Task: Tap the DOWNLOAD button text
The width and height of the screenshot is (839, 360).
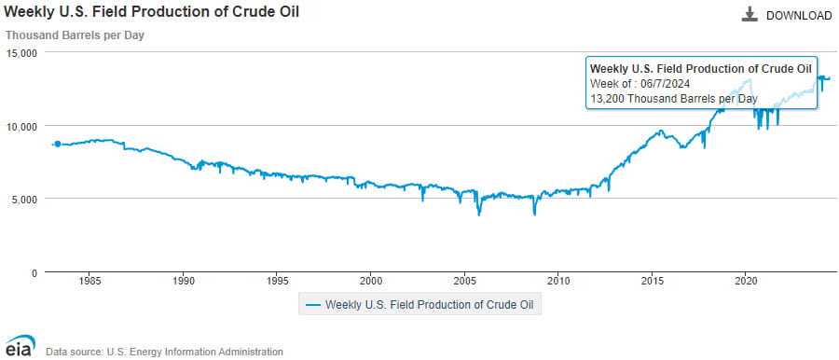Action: coord(799,16)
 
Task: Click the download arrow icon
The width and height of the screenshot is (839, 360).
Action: coord(750,15)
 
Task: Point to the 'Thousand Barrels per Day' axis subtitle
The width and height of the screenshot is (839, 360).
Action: coord(76,35)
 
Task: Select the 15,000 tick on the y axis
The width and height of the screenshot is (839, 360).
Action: coord(21,53)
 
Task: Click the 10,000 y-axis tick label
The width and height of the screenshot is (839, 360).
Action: coord(21,126)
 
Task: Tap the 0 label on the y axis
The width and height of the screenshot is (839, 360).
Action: coord(33,273)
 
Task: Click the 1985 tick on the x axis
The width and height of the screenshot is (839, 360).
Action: coord(90,280)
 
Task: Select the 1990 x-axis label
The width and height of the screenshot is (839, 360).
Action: coord(184,280)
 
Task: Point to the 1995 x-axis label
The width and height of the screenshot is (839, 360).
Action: coord(278,280)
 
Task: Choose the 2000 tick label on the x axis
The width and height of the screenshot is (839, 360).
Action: coord(371,280)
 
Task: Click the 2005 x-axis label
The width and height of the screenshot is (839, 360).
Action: coord(465,280)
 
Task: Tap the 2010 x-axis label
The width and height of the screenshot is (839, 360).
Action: coord(558,280)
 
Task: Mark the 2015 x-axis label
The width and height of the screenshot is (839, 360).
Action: coord(653,280)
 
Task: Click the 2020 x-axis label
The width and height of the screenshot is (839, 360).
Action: coord(746,280)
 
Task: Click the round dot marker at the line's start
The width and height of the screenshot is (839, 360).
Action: coord(58,144)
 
